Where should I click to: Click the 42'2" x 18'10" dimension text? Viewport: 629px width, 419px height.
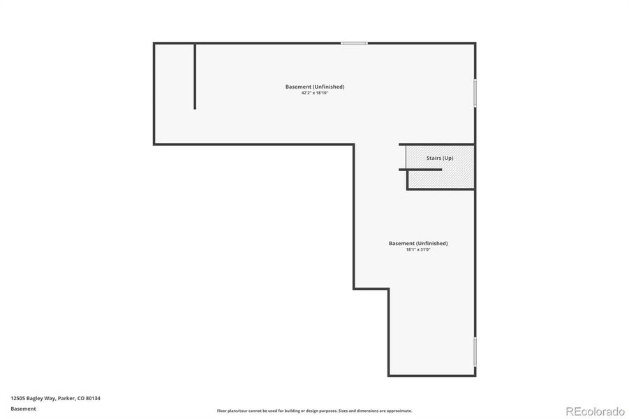coord(314,93)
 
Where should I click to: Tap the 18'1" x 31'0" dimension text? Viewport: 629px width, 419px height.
coord(418,249)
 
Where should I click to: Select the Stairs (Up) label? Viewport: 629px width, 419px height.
coord(440,159)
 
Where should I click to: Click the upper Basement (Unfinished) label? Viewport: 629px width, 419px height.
coord(315,87)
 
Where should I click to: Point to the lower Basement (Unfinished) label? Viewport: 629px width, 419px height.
coord(418,243)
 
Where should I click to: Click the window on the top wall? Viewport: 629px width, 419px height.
coord(354,43)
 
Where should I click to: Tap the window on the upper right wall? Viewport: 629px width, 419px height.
coord(475,92)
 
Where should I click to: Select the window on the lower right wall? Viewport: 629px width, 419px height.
coord(475,351)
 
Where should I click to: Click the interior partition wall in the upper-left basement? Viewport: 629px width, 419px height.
coord(195,75)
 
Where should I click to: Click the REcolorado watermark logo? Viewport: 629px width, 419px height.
coord(595,411)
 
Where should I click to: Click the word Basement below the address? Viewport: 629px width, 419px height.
coord(23,409)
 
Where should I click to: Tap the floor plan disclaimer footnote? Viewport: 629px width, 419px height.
coord(314,411)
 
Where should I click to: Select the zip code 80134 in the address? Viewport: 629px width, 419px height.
coord(94,398)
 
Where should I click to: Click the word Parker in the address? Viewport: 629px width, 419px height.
coord(66,398)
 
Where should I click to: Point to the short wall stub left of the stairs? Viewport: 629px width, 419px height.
coord(420,169)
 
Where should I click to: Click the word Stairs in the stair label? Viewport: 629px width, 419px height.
coord(434,159)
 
